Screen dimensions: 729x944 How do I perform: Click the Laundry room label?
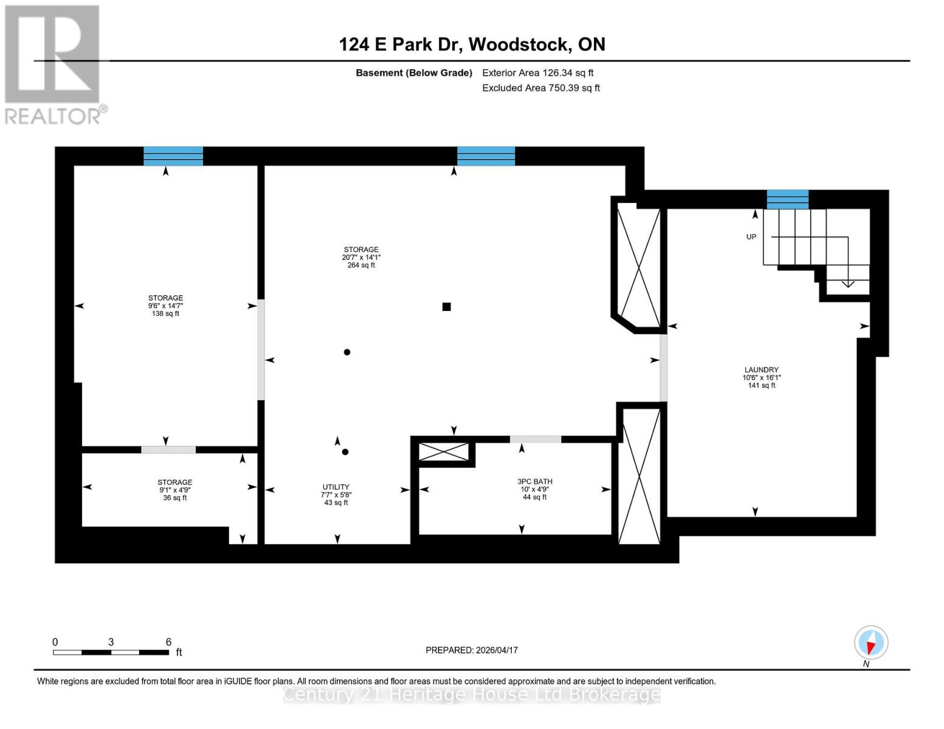click(761, 377)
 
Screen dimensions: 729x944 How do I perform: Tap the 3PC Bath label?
click(534, 489)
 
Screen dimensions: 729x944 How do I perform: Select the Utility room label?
click(336, 495)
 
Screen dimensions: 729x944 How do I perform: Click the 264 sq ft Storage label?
click(361, 257)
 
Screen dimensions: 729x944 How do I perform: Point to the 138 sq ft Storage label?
click(165, 306)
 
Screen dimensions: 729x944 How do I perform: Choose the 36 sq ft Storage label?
click(174, 490)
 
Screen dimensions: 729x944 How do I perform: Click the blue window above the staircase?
click(787, 199)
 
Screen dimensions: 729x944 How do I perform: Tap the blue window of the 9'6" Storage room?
click(173, 156)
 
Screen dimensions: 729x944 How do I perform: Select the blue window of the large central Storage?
click(486, 156)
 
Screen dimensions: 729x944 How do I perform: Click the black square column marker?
click(446, 307)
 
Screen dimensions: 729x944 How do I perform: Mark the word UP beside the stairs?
click(751, 237)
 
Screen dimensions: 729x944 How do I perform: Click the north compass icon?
click(870, 643)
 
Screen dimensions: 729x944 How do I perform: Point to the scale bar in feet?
click(111, 652)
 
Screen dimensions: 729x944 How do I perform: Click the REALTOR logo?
click(53, 64)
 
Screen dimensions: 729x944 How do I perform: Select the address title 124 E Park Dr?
click(472, 44)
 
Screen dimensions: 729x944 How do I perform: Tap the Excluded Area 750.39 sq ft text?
click(540, 88)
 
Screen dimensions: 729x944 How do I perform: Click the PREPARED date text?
click(472, 650)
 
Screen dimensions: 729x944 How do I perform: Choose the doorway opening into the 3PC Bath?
click(535, 439)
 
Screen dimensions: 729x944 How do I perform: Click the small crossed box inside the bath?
click(444, 452)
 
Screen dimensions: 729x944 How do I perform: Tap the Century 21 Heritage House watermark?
click(472, 694)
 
